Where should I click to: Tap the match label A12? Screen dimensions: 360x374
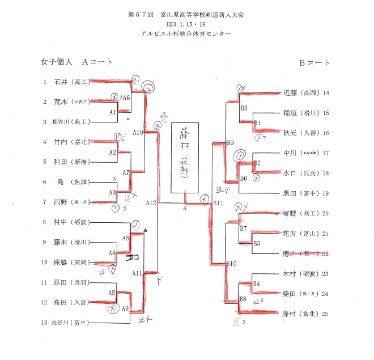point(151,202)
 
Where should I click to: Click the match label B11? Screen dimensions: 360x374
point(219,202)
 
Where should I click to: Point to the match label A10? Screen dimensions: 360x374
point(138,132)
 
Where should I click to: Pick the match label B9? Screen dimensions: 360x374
point(230,142)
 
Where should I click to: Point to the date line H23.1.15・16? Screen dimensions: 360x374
point(186,25)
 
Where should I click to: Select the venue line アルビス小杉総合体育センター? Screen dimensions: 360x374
point(186,34)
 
